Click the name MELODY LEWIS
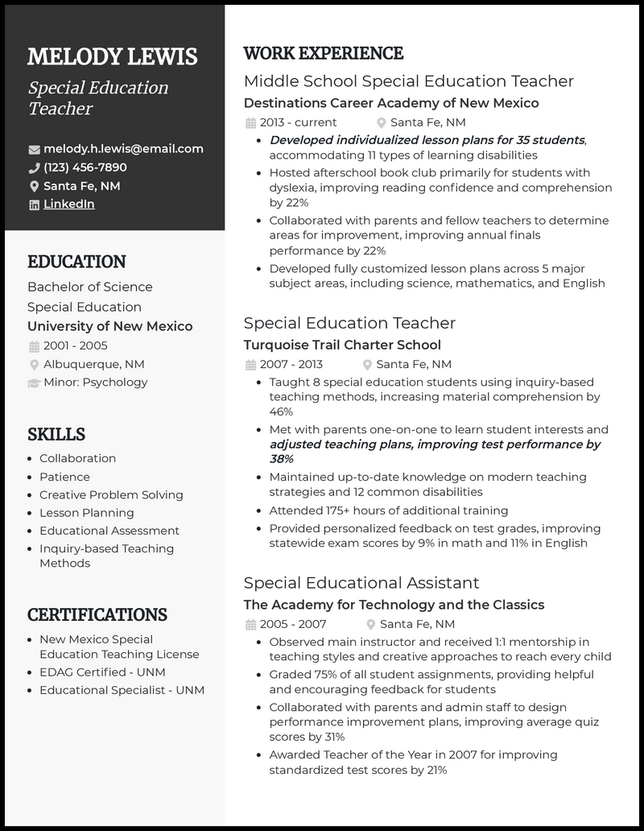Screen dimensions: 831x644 (112, 57)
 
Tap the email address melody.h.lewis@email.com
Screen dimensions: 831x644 (123, 149)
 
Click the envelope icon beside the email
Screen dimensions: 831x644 (34, 150)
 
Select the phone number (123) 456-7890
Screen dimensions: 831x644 (85, 167)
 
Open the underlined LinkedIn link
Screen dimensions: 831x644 (68, 205)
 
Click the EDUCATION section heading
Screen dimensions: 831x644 (76, 262)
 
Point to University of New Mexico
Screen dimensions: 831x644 (109, 326)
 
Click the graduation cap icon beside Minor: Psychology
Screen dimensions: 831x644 (34, 382)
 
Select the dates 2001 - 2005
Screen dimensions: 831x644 (76, 345)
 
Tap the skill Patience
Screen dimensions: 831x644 (64, 477)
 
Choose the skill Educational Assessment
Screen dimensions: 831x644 (109, 531)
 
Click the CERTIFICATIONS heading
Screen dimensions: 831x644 (97, 615)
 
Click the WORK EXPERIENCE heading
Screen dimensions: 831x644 (323, 54)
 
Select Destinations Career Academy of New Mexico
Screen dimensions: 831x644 (390, 103)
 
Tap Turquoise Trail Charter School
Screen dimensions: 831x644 (342, 345)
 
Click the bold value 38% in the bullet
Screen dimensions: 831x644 (281, 459)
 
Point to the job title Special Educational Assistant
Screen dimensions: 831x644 (361, 582)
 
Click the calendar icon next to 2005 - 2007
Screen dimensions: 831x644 (250, 625)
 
